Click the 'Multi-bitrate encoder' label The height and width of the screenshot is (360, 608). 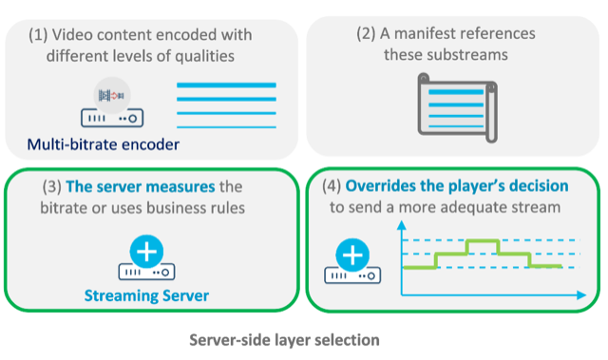coord(102,145)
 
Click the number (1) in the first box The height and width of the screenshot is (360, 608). coord(38,34)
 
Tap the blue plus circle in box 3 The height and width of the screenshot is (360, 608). coord(147,254)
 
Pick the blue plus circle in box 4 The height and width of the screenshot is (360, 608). coord(352,255)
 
